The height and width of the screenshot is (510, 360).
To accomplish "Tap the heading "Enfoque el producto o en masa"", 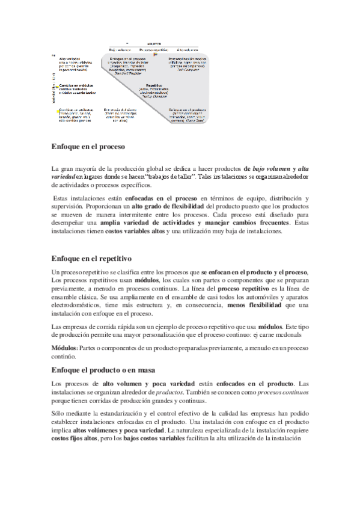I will coord(103,369).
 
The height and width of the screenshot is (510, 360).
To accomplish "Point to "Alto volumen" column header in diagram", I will coord(189,49).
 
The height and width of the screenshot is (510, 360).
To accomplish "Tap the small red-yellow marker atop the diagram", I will coord(156,54).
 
